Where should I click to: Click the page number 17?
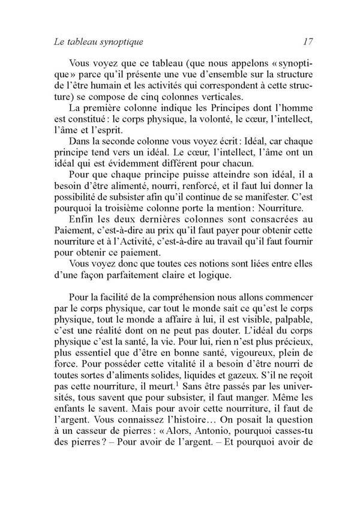(x=309, y=42)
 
